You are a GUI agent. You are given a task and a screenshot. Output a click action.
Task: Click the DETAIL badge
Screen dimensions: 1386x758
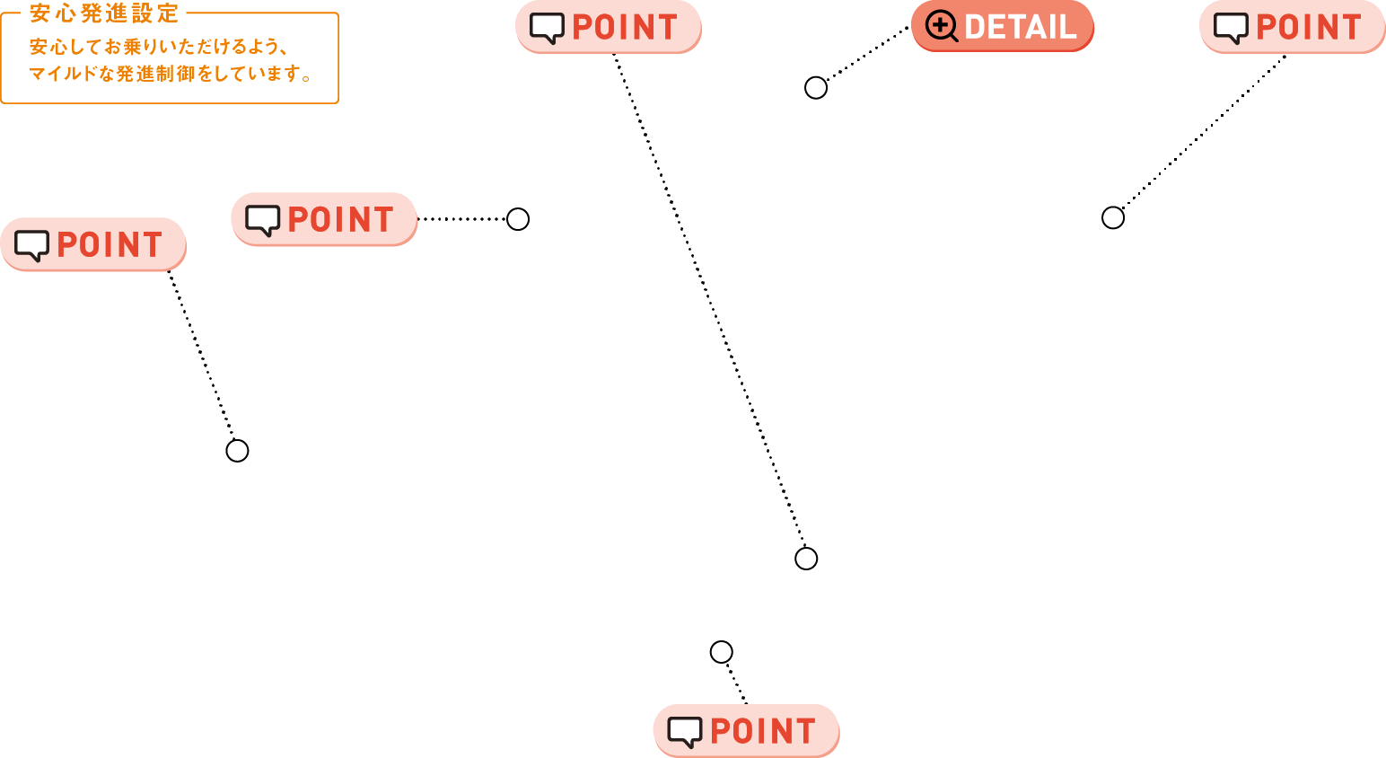click(x=1003, y=26)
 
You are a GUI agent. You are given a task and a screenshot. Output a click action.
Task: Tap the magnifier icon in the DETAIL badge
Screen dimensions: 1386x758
click(x=941, y=27)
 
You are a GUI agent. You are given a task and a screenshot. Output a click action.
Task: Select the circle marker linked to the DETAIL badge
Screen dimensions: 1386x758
click(x=815, y=88)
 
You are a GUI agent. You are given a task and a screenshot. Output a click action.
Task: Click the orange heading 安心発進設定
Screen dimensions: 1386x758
click(x=104, y=13)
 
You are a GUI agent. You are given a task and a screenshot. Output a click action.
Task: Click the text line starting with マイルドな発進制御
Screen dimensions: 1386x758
click(x=171, y=74)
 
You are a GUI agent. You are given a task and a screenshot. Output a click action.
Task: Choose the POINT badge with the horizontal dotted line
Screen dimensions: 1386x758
click(x=324, y=219)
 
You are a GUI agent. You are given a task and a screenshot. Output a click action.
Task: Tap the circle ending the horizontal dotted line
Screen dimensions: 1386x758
click(x=517, y=219)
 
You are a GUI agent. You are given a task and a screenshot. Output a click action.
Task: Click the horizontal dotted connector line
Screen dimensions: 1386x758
click(x=461, y=219)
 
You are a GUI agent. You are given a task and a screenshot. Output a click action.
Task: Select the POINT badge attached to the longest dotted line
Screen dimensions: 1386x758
click(x=609, y=27)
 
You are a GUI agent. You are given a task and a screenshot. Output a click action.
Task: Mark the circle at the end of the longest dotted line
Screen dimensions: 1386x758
click(x=805, y=559)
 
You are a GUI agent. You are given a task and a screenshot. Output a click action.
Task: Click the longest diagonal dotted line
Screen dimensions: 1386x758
click(x=708, y=300)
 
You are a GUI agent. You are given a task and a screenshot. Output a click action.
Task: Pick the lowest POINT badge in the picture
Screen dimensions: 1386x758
click(x=746, y=731)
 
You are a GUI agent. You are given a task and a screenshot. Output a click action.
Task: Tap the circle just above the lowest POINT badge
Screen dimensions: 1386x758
click(x=721, y=652)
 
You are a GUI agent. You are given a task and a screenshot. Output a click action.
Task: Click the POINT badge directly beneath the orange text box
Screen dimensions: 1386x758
click(x=92, y=244)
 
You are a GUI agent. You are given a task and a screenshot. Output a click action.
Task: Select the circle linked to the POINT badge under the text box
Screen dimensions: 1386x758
click(x=237, y=451)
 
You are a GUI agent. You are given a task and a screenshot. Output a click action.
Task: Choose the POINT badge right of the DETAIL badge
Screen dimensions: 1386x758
click(x=1293, y=27)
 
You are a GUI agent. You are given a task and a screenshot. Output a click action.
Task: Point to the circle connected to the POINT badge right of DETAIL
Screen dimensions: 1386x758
click(x=1112, y=218)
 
